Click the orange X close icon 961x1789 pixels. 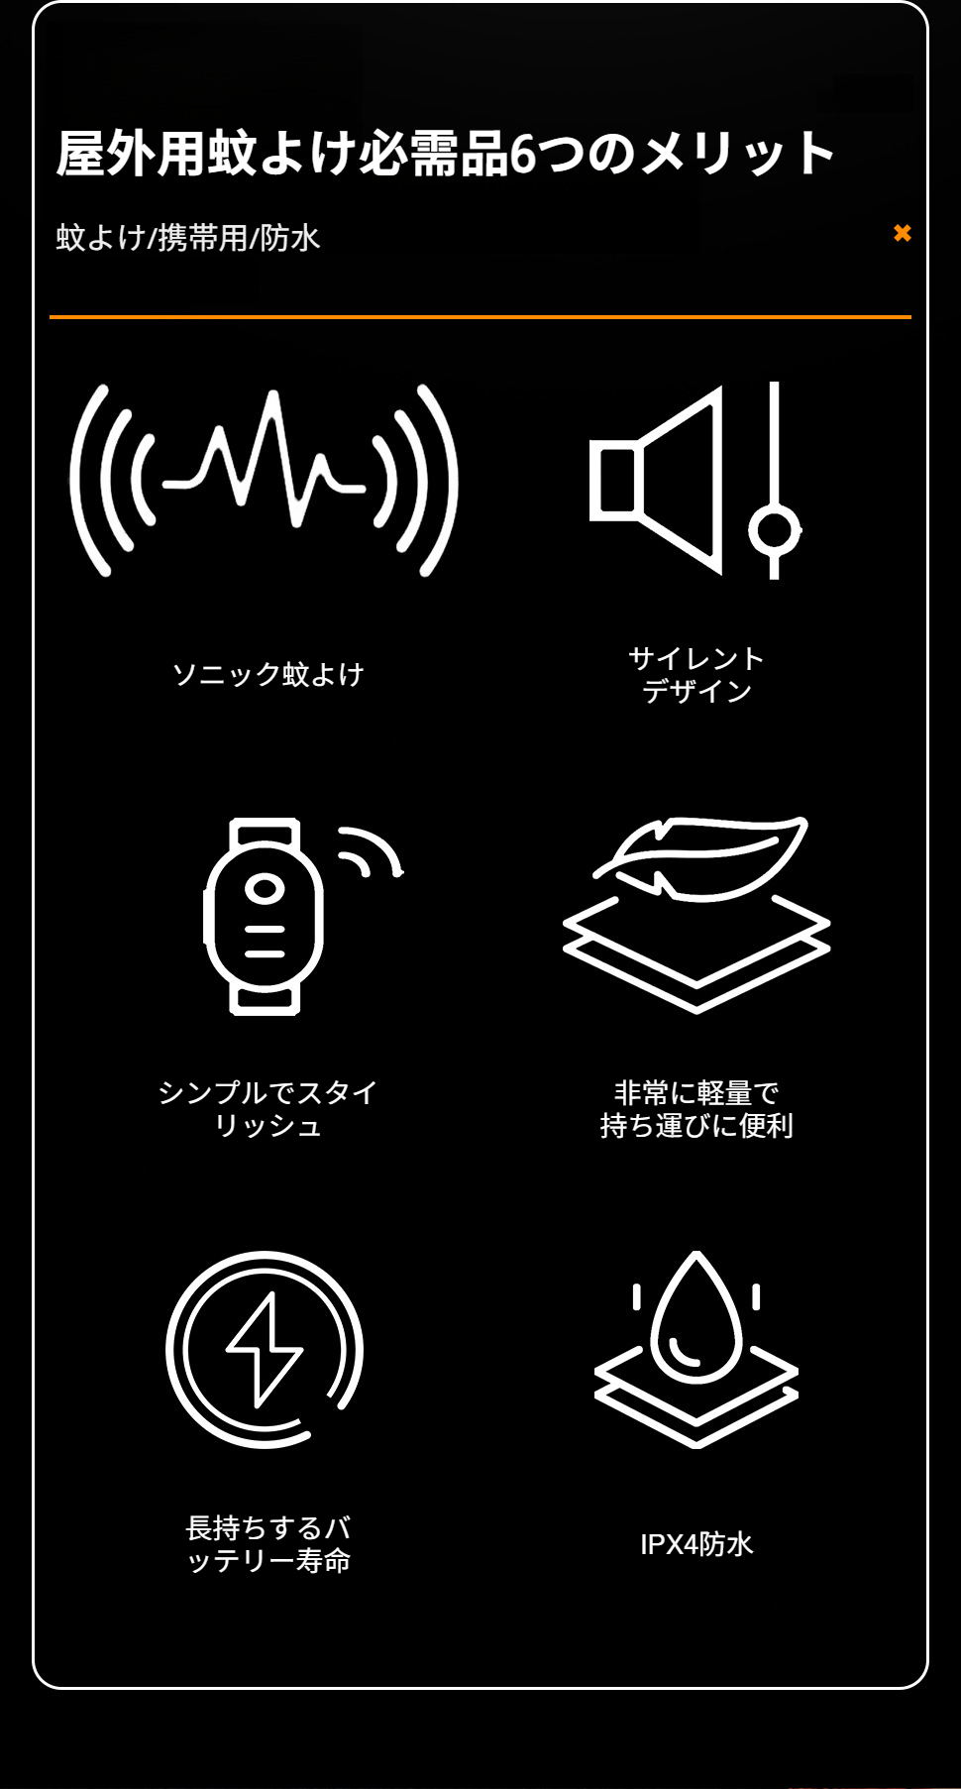902,233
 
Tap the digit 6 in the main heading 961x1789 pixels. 522,155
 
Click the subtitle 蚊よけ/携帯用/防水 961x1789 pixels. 188,238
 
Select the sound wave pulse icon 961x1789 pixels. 265,481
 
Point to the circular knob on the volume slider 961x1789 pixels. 775,530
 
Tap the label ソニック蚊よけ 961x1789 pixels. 268,675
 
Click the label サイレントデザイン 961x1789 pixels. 696,675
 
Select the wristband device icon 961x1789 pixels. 265,917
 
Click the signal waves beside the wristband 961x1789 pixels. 372,850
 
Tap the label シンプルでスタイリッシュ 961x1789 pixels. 268,1109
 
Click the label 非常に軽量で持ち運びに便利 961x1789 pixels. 696,1109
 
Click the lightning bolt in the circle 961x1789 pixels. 265,1350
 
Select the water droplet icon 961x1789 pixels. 696,1318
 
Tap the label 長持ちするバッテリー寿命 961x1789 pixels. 268,1544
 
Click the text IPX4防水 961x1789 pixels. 696,1544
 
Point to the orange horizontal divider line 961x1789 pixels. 480,317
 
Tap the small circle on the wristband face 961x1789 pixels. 265,888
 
